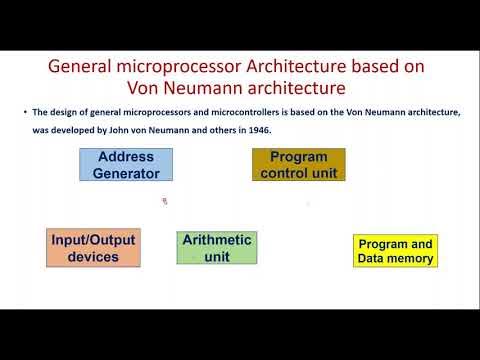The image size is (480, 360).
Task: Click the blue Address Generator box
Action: [x=126, y=165]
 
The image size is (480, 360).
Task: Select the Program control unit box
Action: [x=297, y=165]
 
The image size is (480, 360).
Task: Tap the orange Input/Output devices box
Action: [x=92, y=248]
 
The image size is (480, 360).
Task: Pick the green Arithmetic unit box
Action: [x=216, y=248]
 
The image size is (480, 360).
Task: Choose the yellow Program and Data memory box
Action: [x=395, y=251]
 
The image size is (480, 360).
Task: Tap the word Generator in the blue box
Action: [x=126, y=173]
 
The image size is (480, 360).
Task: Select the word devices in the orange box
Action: [x=93, y=257]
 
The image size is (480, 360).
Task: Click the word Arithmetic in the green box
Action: [x=216, y=240]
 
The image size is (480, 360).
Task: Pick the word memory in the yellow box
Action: [x=412, y=258]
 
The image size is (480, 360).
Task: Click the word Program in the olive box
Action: [x=298, y=156]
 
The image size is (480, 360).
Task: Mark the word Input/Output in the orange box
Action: [x=93, y=240]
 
